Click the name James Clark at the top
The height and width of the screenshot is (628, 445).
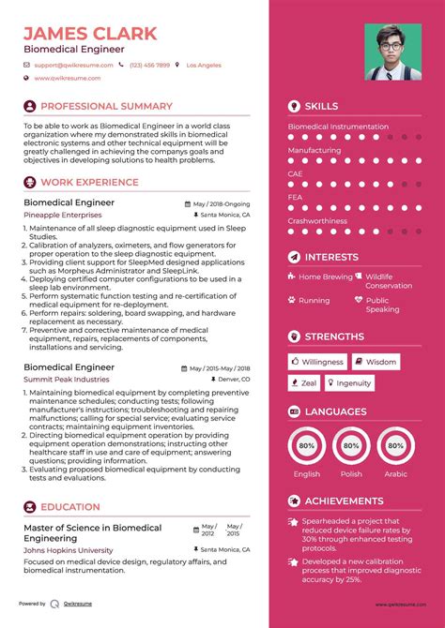(x=90, y=33)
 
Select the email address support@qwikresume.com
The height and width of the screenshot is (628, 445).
(x=75, y=65)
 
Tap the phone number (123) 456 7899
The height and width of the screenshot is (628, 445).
(x=150, y=65)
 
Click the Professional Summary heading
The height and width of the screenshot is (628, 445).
(x=106, y=107)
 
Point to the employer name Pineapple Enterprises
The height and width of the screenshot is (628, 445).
(x=64, y=215)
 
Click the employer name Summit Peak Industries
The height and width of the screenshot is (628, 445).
(x=66, y=379)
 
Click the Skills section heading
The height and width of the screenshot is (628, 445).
(x=321, y=107)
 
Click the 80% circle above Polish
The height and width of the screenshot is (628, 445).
(x=351, y=446)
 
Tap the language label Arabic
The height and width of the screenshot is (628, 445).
(x=396, y=474)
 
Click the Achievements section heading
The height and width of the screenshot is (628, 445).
(x=344, y=501)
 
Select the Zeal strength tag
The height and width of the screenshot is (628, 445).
(x=304, y=382)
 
